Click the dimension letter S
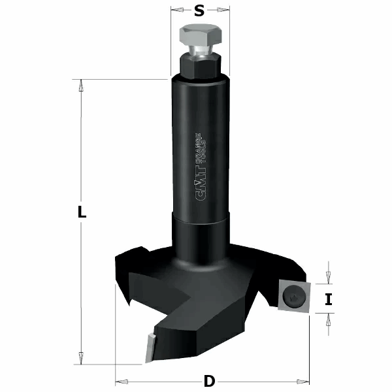199,11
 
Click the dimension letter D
210,381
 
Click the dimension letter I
329,299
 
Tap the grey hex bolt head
201,35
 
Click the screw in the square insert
294,297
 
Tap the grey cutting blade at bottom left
150,348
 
